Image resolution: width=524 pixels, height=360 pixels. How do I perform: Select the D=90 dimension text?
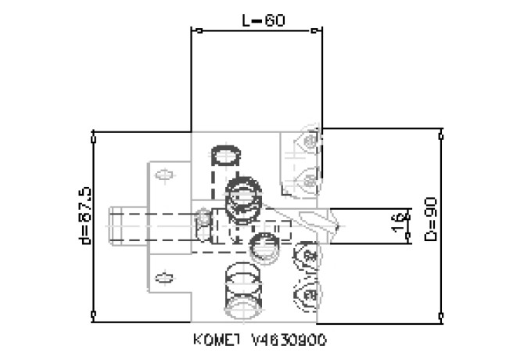click(429, 218)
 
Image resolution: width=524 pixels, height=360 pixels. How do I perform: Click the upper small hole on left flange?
click(164, 175)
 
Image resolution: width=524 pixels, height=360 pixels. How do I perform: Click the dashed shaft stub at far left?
click(125, 225)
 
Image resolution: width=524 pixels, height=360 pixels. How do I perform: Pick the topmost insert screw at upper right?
click(311, 142)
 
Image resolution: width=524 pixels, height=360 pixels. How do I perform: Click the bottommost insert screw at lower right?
click(308, 293)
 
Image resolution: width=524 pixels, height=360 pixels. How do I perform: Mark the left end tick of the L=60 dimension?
click(192, 31)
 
